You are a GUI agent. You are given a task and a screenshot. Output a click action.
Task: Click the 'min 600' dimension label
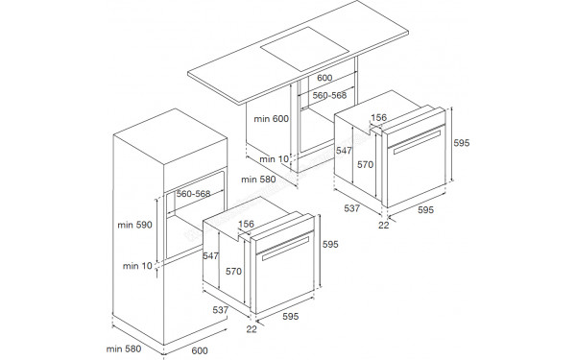tap(271, 119)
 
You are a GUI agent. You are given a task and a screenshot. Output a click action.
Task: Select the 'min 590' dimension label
tap(134, 225)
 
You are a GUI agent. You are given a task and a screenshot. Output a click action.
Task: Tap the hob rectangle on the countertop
tap(304, 49)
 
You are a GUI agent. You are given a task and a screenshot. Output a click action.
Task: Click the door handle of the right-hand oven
tap(417, 142)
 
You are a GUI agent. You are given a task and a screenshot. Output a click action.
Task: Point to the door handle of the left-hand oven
tap(285, 249)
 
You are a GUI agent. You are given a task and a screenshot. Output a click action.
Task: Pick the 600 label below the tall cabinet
tap(200, 350)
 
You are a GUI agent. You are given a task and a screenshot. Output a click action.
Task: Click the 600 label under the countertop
tap(324, 78)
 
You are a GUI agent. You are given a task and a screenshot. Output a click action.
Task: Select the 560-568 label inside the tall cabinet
tap(193, 194)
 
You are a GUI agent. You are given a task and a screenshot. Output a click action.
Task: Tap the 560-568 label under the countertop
tap(329, 95)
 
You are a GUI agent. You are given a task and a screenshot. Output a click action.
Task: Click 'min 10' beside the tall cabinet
tap(137, 266)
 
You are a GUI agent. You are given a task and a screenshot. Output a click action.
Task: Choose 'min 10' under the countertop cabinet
tap(274, 159)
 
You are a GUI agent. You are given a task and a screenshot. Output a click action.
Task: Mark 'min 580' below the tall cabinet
tap(124, 348)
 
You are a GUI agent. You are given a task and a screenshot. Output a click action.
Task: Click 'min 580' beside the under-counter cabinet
tap(258, 180)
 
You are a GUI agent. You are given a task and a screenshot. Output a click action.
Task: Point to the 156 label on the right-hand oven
tap(379, 117)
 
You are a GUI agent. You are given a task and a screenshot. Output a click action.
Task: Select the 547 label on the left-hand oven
tap(210, 255)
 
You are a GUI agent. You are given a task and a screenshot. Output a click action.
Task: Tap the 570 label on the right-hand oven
tap(365, 164)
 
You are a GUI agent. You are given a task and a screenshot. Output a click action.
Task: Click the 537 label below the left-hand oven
tap(221, 310)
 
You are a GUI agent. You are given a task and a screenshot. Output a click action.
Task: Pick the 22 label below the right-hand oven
tap(383, 225)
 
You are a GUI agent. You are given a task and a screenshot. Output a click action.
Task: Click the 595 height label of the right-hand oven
tap(462, 142)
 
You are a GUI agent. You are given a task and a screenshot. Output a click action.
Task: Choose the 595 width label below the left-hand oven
tap(291, 316)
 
